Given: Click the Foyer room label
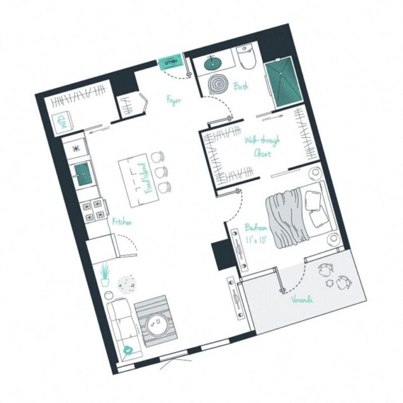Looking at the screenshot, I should (174, 99).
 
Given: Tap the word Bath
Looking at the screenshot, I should (240, 86).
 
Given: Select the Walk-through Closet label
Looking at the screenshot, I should (261, 147).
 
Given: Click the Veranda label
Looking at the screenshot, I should (302, 298).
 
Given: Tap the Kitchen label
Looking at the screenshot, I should (121, 222).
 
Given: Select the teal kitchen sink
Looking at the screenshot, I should (81, 171).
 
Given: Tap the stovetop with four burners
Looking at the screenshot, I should (93, 210).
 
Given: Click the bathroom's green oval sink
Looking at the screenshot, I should (212, 63).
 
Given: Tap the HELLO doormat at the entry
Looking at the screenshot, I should (171, 62).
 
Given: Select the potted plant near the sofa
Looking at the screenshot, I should (105, 275).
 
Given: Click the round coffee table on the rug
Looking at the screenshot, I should (156, 326).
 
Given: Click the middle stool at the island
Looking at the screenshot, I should (163, 171).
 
